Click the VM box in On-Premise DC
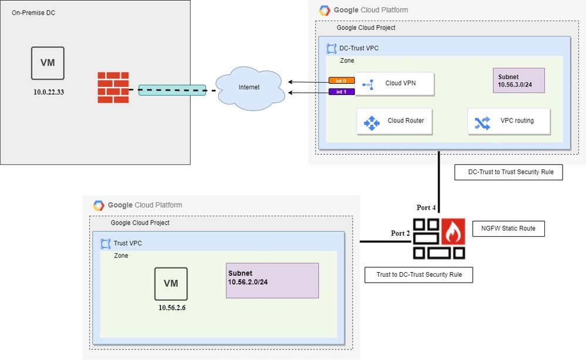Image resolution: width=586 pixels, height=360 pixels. click(48, 63)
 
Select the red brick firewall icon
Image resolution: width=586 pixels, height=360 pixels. click(113, 87)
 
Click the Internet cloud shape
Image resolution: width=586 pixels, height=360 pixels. click(249, 87)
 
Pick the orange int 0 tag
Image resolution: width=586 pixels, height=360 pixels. click(337, 80)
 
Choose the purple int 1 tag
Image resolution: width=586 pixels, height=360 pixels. click(337, 92)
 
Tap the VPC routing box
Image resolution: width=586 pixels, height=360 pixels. click(509, 121)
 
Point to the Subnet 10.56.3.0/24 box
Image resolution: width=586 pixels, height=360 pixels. click(519, 80)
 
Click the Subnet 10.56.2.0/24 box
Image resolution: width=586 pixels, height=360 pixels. click(272, 280)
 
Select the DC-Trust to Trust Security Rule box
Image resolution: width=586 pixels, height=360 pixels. click(508, 172)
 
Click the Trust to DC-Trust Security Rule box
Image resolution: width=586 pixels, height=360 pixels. click(418, 274)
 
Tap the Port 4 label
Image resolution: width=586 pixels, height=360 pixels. click(426, 207)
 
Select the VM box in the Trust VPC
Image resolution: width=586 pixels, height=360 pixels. click(171, 284)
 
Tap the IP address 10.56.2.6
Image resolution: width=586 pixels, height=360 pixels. click(172, 307)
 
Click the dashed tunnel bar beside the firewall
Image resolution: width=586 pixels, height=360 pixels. click(171, 90)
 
